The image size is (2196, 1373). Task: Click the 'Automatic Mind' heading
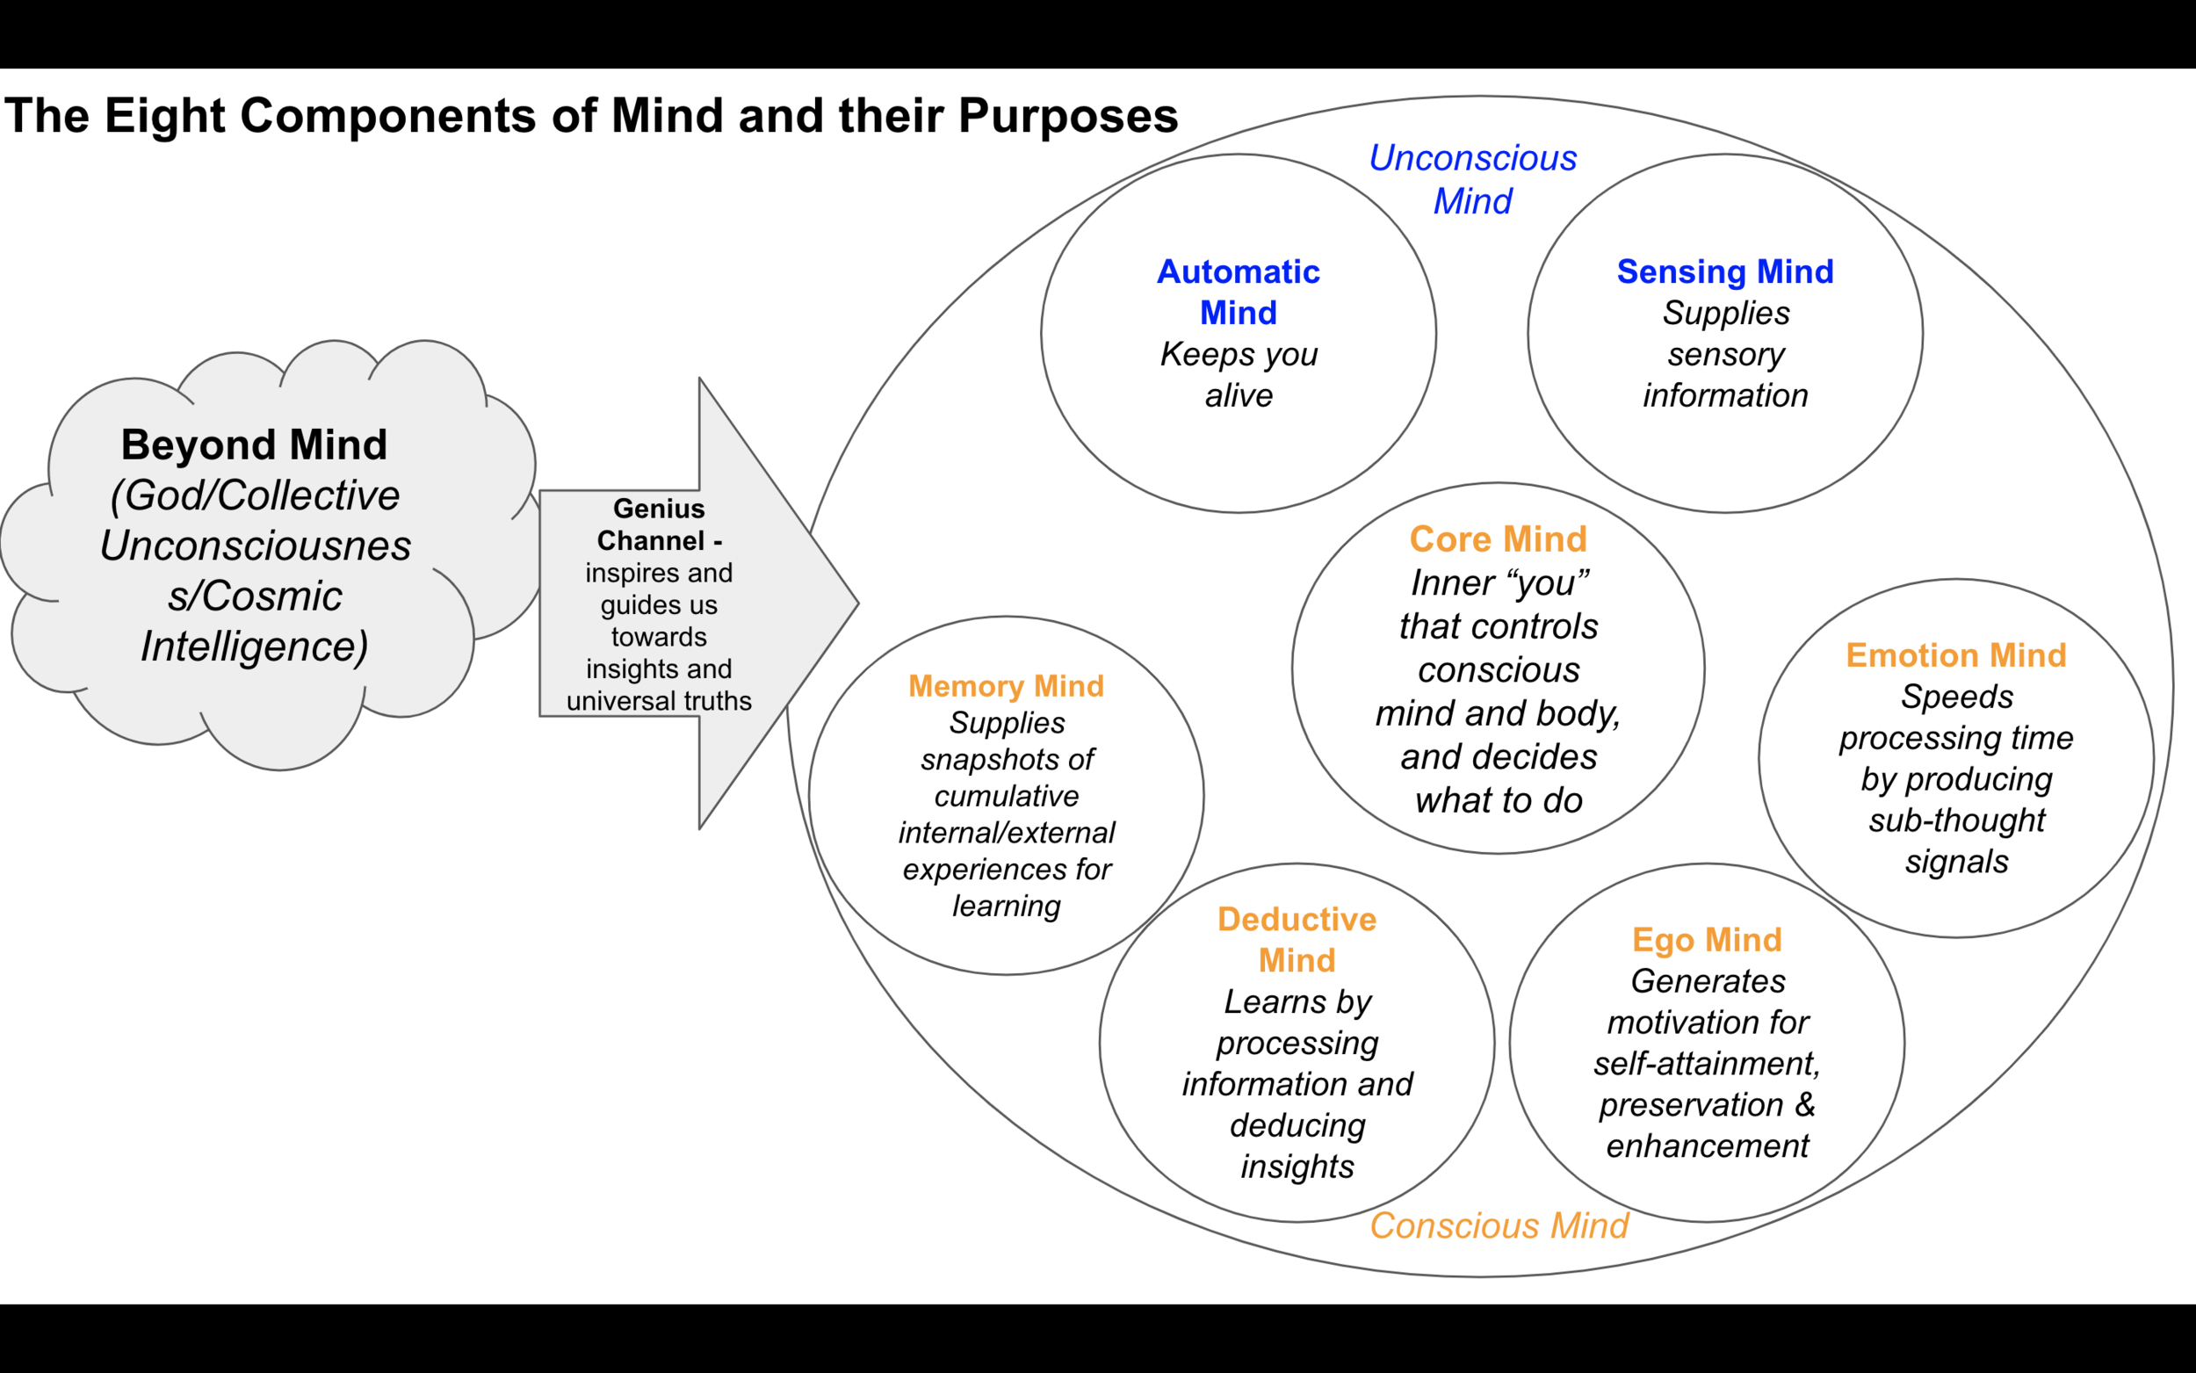point(1239,292)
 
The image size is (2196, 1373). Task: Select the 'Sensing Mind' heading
point(1725,271)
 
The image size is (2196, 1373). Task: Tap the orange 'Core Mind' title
point(1498,539)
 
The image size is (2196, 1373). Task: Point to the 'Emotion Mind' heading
point(1956,655)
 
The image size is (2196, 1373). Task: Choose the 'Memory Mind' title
point(1006,687)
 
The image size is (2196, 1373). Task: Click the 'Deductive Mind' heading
point(1297,940)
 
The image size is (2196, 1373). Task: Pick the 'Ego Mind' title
point(1707,940)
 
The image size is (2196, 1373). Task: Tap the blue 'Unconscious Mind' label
point(1472,179)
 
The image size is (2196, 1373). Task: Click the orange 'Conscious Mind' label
point(1499,1226)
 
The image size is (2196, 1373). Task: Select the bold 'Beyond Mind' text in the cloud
point(254,445)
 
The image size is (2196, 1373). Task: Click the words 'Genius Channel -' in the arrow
point(659,524)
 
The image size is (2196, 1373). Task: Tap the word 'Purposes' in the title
point(1067,116)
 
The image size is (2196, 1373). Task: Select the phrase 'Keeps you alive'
point(1239,374)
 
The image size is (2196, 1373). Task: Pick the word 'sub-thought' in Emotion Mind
point(1956,820)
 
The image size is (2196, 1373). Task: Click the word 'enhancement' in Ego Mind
point(1707,1146)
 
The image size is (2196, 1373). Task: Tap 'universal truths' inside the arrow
point(659,701)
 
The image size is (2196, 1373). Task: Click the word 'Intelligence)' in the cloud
point(254,647)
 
